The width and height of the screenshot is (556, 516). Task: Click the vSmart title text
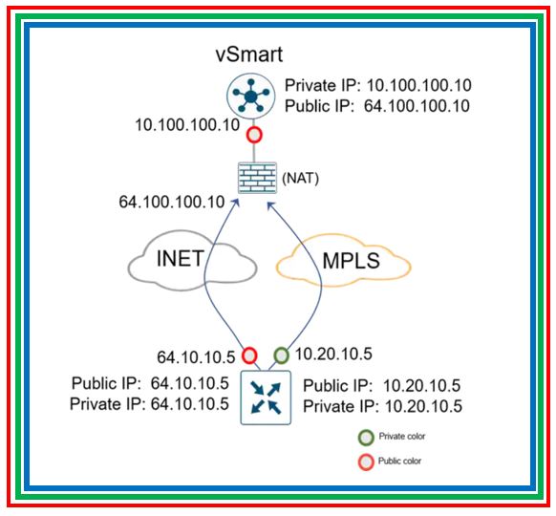249,54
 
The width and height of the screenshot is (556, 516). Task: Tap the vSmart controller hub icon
251,96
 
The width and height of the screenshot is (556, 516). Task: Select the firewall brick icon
257,178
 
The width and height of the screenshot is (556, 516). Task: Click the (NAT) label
300,178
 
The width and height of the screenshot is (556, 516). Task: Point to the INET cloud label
181,258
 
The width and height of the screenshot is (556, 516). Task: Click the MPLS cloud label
351,261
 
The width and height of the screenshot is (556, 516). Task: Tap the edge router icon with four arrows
266,398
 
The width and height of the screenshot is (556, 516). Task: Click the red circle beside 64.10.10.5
249,355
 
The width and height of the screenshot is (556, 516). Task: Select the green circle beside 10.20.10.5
281,355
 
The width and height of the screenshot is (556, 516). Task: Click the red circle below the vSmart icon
254,135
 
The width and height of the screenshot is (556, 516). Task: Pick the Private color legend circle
366,438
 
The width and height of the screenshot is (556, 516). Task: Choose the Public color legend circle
366,462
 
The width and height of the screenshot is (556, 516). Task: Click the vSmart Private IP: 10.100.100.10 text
378,85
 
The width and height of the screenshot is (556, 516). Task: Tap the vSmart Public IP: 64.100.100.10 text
377,106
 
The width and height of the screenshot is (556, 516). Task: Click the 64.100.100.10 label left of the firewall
172,203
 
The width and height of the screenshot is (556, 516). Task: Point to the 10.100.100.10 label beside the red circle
187,125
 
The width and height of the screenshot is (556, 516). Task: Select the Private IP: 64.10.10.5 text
149,404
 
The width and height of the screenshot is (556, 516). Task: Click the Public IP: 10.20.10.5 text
381,386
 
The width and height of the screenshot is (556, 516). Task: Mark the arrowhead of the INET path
236,202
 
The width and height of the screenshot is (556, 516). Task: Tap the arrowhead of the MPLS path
271,205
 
